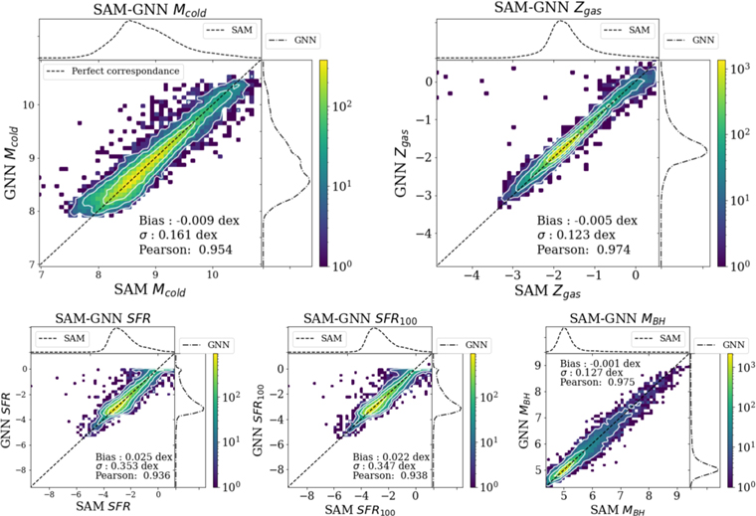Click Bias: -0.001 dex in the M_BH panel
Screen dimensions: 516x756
click(594, 364)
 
